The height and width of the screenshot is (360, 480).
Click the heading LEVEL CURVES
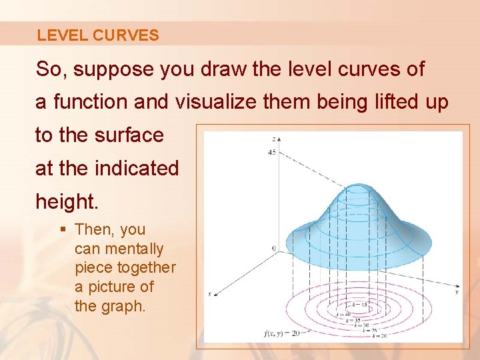pos(98,35)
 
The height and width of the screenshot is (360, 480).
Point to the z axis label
pos(273,139)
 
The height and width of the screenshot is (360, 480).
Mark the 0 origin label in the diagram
pos(273,249)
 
